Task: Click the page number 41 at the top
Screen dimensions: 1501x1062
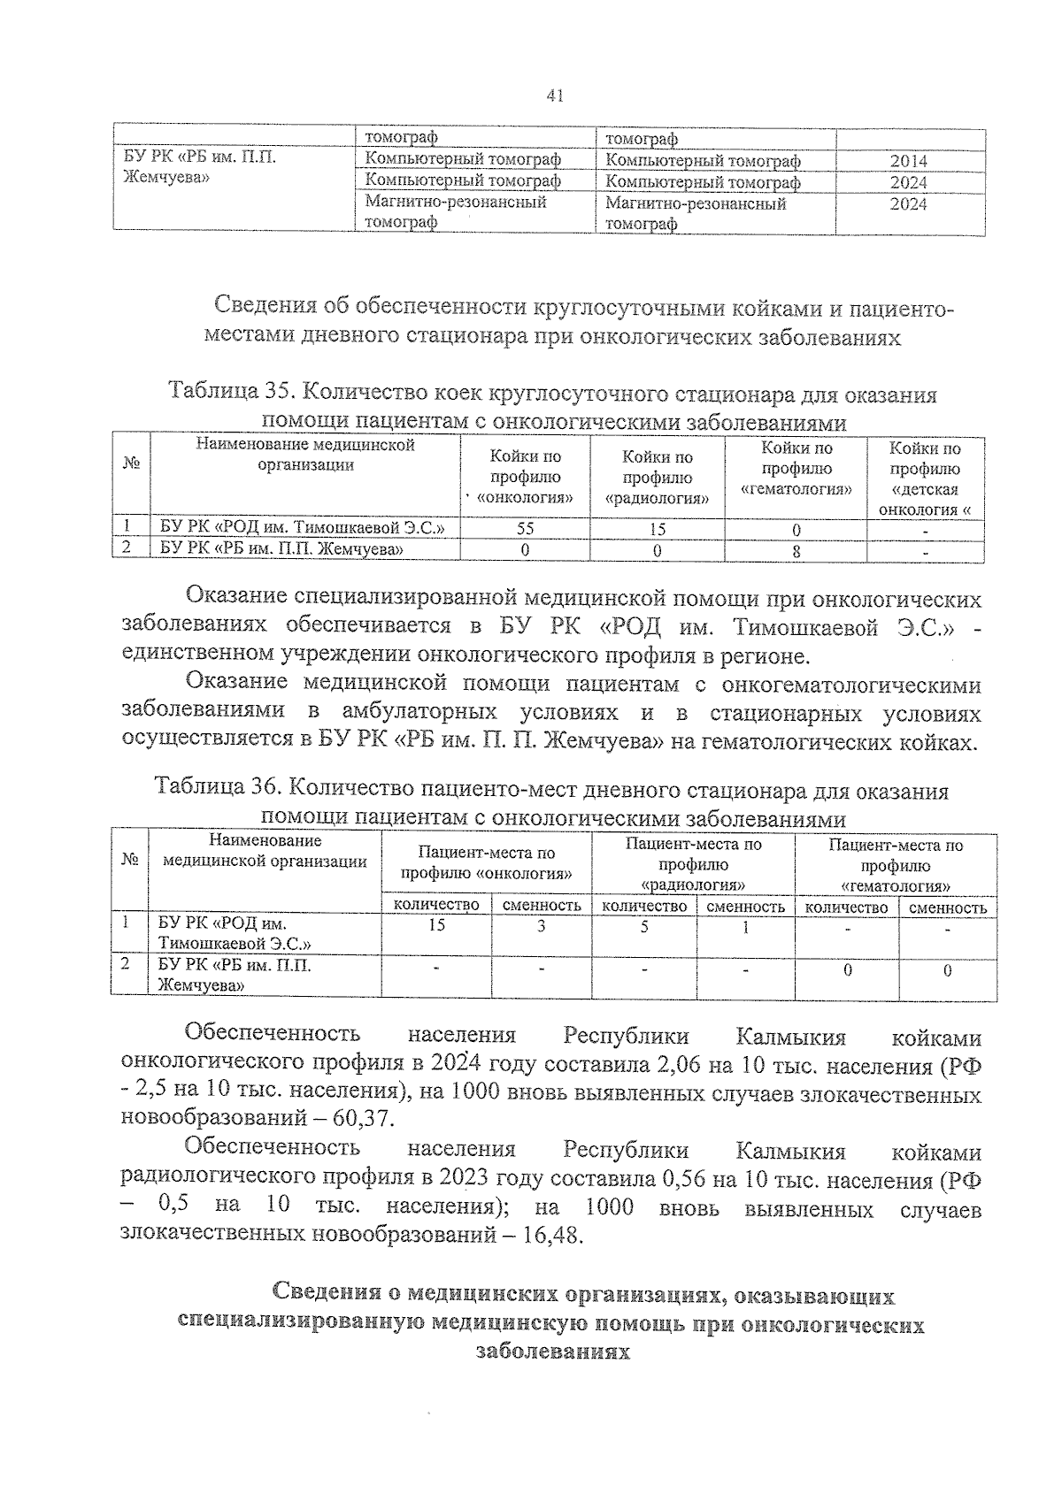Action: (556, 96)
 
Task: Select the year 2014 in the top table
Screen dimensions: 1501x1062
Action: (908, 161)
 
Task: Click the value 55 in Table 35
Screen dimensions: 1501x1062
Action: (524, 529)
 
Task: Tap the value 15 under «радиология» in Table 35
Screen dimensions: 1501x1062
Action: (657, 529)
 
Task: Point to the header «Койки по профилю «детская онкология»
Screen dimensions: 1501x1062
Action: (925, 479)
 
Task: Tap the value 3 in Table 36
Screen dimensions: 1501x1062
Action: (541, 926)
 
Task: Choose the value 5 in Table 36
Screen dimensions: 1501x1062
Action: (644, 926)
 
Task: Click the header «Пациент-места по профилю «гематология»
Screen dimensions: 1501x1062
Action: (896, 864)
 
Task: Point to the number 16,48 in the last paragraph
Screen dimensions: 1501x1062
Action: (552, 1235)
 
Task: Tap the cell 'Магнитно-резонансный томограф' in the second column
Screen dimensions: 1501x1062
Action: (456, 212)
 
